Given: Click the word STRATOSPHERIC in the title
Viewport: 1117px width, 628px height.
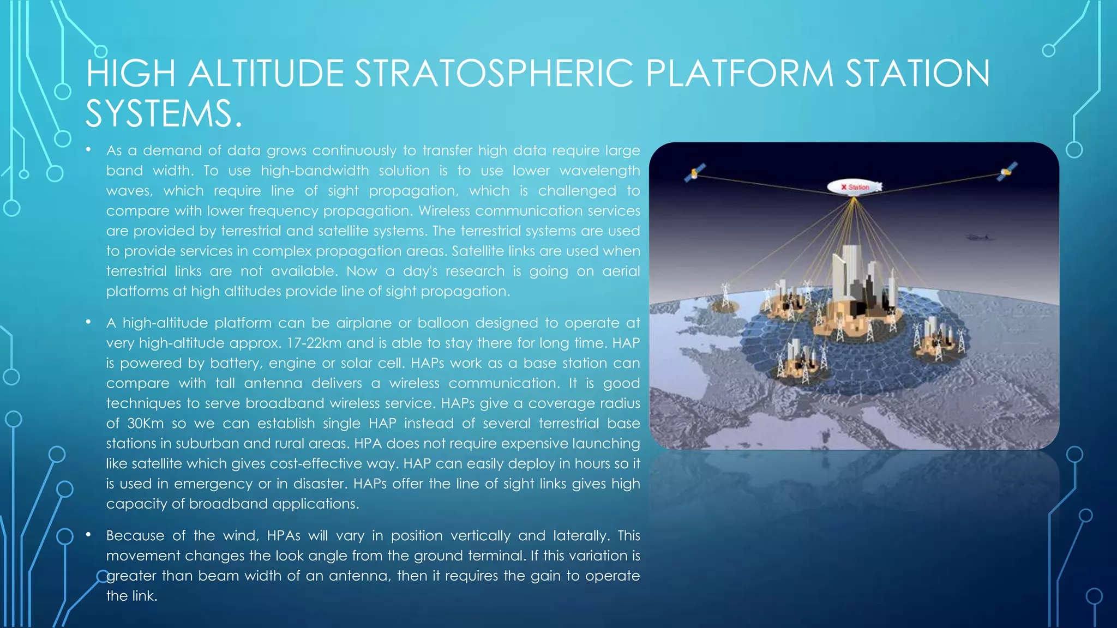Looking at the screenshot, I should coord(494,74).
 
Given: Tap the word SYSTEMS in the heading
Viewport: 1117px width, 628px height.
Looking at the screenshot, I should coord(158,114).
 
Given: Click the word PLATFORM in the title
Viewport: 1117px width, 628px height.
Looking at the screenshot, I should coord(740,74).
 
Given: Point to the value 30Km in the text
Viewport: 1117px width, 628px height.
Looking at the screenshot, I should coord(145,424).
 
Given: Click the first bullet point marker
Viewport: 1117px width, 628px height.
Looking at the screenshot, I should coord(88,149).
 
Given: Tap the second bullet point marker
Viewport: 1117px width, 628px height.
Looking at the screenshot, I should coord(88,322).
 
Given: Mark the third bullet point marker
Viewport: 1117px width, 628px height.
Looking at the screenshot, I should coord(88,535).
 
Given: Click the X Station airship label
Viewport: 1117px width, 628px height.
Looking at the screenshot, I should coord(854,187).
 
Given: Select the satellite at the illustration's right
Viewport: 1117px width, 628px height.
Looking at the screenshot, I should coord(1007,171).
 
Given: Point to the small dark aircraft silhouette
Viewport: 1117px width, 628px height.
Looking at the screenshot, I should coord(978,237).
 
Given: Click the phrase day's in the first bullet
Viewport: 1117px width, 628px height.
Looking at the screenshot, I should coord(420,271).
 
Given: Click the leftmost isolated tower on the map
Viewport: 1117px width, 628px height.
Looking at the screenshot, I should coord(725,297).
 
